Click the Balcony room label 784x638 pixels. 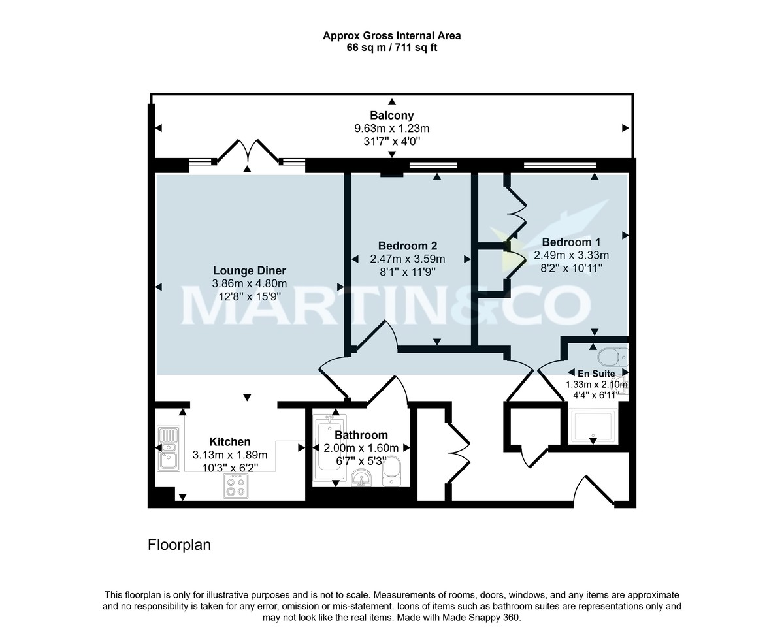tap(392, 116)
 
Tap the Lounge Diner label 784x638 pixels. tap(249, 270)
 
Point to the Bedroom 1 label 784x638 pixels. tap(571, 242)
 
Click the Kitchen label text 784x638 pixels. tap(229, 442)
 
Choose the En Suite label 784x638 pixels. tap(596, 374)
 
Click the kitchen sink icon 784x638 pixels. tap(168, 449)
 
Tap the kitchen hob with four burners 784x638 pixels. tap(237, 485)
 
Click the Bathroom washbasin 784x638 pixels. tap(360, 478)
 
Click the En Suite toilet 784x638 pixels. tap(612, 357)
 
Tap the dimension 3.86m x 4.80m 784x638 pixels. tap(249, 283)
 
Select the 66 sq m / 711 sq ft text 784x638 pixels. tap(392, 48)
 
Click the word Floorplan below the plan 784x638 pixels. tap(179, 545)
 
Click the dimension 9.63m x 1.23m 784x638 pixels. tap(392, 129)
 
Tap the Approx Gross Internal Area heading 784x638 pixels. tap(392, 36)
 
